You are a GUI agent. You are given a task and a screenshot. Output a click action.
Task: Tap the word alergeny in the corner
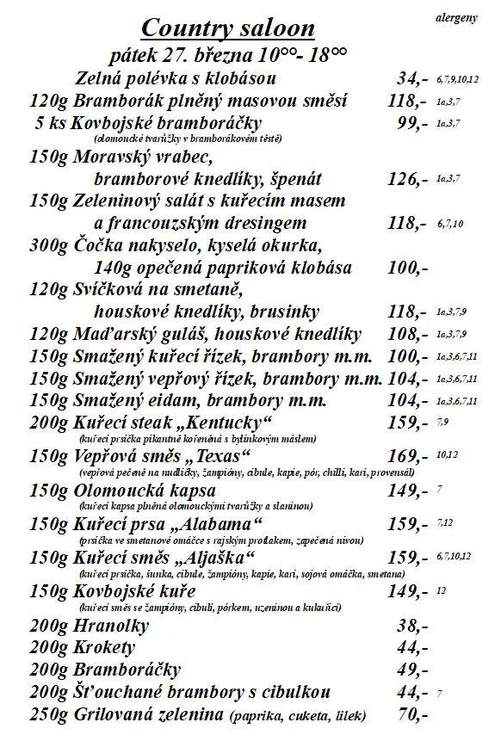[456, 16]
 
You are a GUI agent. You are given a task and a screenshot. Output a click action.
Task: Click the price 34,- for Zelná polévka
[412, 80]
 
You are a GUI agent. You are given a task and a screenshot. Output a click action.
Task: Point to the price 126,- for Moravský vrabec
[408, 179]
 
